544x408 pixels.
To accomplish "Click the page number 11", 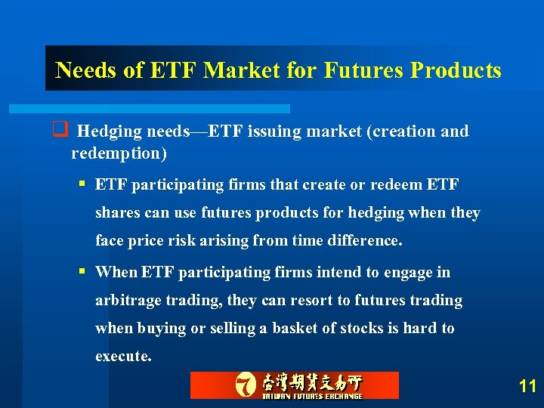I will click(x=527, y=387).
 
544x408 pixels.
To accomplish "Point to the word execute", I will click(x=122, y=357).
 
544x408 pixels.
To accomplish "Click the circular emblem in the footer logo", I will click(x=245, y=385).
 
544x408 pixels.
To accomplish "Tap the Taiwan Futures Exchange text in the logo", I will click(x=312, y=395).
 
